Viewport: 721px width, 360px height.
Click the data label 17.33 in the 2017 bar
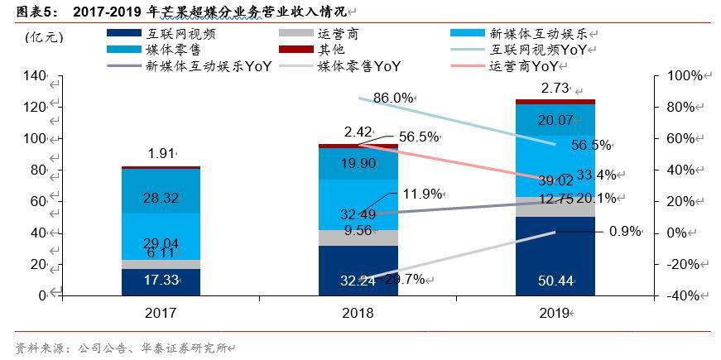[x=161, y=281]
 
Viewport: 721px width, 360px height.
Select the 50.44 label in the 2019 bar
[x=554, y=281]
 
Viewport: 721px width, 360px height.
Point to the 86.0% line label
[x=393, y=98]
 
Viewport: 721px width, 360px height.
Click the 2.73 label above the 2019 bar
[x=554, y=88]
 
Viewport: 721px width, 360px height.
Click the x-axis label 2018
[x=357, y=313]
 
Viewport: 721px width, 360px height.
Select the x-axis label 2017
[x=160, y=313]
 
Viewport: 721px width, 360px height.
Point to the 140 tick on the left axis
[x=36, y=75]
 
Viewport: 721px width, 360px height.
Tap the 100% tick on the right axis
[x=684, y=75]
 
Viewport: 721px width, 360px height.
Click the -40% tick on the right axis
[x=684, y=296]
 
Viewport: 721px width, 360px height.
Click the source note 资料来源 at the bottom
[x=41, y=347]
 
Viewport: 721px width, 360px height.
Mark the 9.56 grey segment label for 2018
[x=357, y=231]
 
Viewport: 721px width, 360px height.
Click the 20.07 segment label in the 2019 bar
[x=554, y=120]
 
